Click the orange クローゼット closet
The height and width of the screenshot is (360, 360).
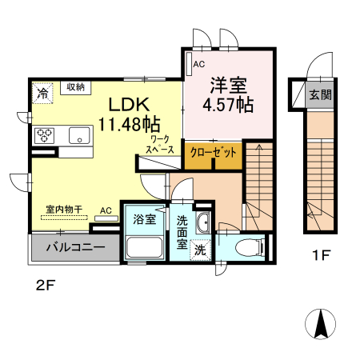coord(212,152)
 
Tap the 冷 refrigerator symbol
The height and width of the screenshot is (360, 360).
coord(42,93)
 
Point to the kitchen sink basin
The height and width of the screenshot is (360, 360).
coord(79,134)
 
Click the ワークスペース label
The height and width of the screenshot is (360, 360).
coord(159,144)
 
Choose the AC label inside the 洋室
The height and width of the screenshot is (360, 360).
coord(198,63)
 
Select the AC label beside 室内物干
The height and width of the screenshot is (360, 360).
coord(106,211)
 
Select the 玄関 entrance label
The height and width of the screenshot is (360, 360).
coord(321,94)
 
